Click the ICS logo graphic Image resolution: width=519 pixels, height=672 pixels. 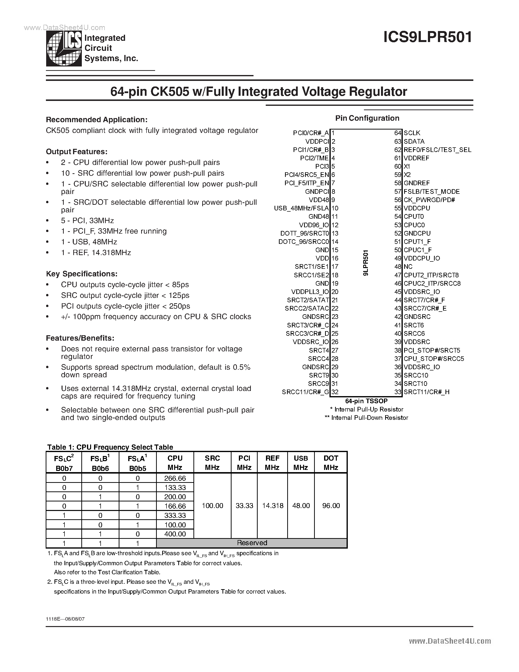tap(64, 49)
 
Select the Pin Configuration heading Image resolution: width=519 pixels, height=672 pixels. tap(367, 118)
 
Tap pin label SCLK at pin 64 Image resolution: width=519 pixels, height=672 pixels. tap(412, 133)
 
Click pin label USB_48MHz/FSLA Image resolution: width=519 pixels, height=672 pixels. tap(301, 208)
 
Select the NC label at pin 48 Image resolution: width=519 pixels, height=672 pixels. tap(408, 267)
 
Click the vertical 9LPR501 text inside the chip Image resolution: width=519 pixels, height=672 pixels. tap(366, 263)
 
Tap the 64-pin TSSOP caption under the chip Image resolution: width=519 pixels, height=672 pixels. tap(366, 401)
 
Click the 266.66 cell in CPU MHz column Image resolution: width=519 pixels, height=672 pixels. tap(175, 478)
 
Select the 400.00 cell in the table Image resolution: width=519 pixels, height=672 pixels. tap(175, 534)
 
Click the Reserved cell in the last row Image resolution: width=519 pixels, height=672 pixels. tap(252, 543)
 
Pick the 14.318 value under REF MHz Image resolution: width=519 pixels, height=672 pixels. tap(272, 506)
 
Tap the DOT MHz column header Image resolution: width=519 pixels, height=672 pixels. tap(331, 463)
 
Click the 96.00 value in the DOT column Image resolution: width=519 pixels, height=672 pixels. tap(331, 506)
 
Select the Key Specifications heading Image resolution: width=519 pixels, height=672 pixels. tap(82, 274)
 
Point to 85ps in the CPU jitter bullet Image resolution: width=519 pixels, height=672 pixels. tap(180, 285)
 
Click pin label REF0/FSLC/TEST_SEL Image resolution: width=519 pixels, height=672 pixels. tap(437, 150)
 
